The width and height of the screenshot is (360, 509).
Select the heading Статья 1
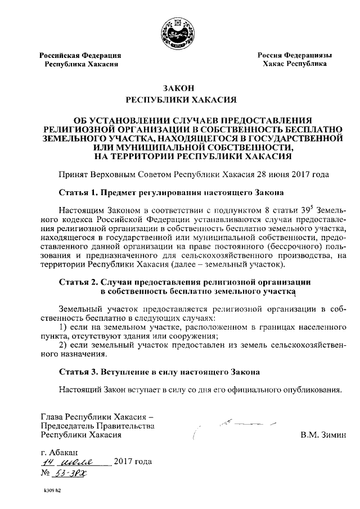coord(78,192)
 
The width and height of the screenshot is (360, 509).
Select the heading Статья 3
coord(78,372)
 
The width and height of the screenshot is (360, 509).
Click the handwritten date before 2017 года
coord(73,462)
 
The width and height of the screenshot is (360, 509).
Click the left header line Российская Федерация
coord(80,55)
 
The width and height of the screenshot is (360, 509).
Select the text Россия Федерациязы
coord(295,55)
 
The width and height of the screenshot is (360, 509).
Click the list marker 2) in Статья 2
coord(64,344)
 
